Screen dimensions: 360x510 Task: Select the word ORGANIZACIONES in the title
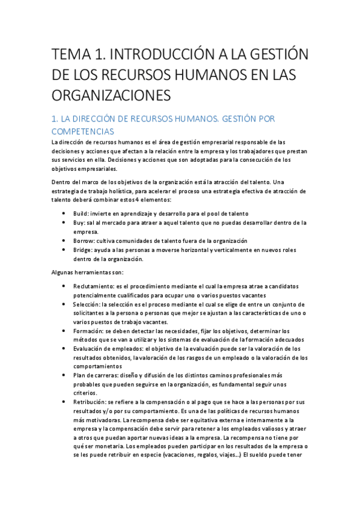point(112,95)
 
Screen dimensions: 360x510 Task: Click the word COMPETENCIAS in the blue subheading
point(83,131)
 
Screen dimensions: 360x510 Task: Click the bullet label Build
point(81,214)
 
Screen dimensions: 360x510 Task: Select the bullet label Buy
point(79,223)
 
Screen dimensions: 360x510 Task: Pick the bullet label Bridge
point(84,250)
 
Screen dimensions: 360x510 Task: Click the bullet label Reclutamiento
point(95,286)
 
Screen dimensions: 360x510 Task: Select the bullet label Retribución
point(90,401)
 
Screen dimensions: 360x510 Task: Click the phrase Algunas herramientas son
point(88,272)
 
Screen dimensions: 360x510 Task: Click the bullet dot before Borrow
point(64,241)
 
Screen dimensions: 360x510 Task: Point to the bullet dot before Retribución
point(64,401)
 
